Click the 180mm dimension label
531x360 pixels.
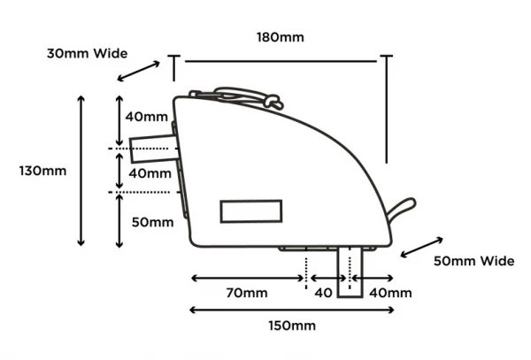(x=280, y=37)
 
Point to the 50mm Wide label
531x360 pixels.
(x=473, y=261)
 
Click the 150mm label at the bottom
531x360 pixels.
(x=291, y=326)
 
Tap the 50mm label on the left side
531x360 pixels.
(x=151, y=222)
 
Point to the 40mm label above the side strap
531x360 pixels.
(x=146, y=117)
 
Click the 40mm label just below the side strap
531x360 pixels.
(x=150, y=173)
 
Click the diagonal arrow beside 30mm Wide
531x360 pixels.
(x=140, y=70)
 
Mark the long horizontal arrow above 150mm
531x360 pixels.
(x=291, y=309)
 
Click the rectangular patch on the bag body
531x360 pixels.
(x=251, y=211)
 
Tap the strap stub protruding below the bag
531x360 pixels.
(x=350, y=272)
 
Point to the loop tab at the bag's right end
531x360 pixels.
(x=402, y=209)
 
